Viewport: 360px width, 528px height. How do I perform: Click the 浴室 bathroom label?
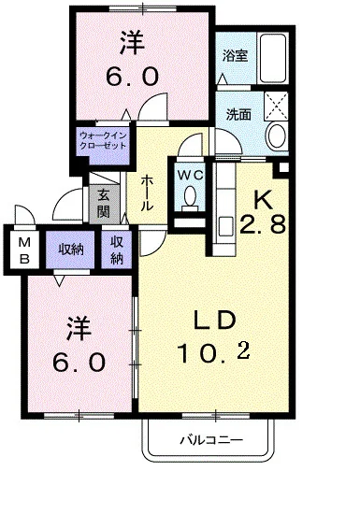(235, 56)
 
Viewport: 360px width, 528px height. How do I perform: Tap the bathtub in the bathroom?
(273, 58)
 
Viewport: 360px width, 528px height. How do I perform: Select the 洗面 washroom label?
(238, 115)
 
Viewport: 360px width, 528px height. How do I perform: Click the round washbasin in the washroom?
(278, 136)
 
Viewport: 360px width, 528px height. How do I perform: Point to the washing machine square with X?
(276, 106)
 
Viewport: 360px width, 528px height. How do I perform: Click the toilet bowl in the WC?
(191, 196)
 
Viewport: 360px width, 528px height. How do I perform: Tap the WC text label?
(190, 175)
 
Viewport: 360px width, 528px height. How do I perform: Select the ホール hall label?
(147, 193)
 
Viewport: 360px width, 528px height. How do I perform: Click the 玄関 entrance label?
(104, 204)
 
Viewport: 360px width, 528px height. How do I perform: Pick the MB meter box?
(24, 250)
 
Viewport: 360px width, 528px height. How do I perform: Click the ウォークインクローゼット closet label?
(103, 141)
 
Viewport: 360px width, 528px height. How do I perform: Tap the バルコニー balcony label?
(211, 440)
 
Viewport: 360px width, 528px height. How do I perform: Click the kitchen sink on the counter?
(225, 226)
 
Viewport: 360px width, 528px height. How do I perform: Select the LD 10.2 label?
(214, 336)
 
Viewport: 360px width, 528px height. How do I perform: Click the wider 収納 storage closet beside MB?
(71, 250)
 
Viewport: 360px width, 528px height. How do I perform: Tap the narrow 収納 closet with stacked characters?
(117, 250)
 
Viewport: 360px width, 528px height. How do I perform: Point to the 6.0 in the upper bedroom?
(132, 77)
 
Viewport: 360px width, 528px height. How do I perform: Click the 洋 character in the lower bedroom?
(79, 329)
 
